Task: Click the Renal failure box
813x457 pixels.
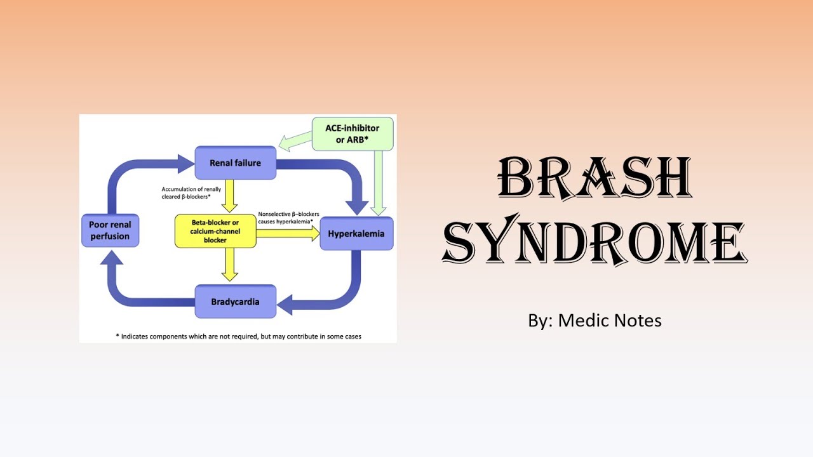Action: pos(235,163)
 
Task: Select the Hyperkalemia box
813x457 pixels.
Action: pos(356,234)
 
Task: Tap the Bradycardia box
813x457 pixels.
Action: pos(235,301)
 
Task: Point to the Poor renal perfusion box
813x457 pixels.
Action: pos(109,230)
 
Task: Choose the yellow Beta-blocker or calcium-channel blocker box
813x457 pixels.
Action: pos(215,231)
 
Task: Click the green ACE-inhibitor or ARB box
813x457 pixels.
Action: pos(352,134)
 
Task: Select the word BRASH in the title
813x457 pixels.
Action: pos(595,178)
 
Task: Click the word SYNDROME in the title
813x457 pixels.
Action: pos(595,242)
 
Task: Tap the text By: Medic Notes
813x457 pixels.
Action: pos(595,321)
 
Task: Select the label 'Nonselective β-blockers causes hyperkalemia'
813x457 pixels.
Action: pos(288,218)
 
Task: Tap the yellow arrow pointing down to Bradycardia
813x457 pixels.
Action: pos(230,265)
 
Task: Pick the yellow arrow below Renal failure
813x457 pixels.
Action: pos(230,196)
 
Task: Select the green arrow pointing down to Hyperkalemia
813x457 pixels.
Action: pos(379,184)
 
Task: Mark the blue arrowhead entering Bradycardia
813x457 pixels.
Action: pos(286,304)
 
